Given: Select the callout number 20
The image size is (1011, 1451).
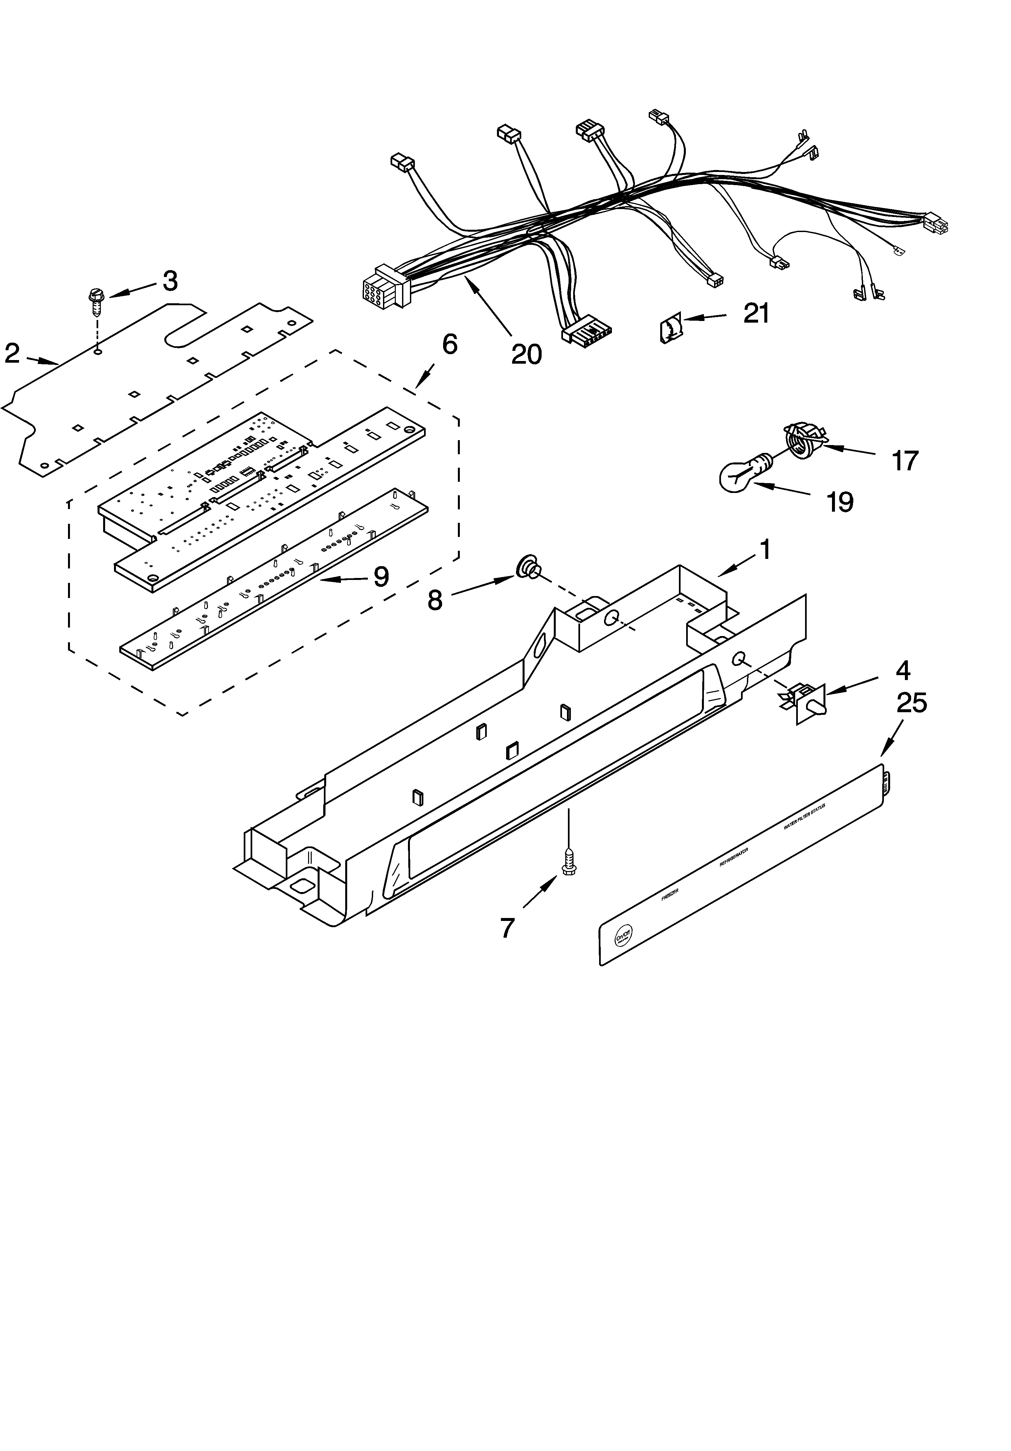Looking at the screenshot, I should pyautogui.click(x=526, y=354).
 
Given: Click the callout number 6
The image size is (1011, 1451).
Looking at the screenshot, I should pyautogui.click(x=449, y=344).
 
